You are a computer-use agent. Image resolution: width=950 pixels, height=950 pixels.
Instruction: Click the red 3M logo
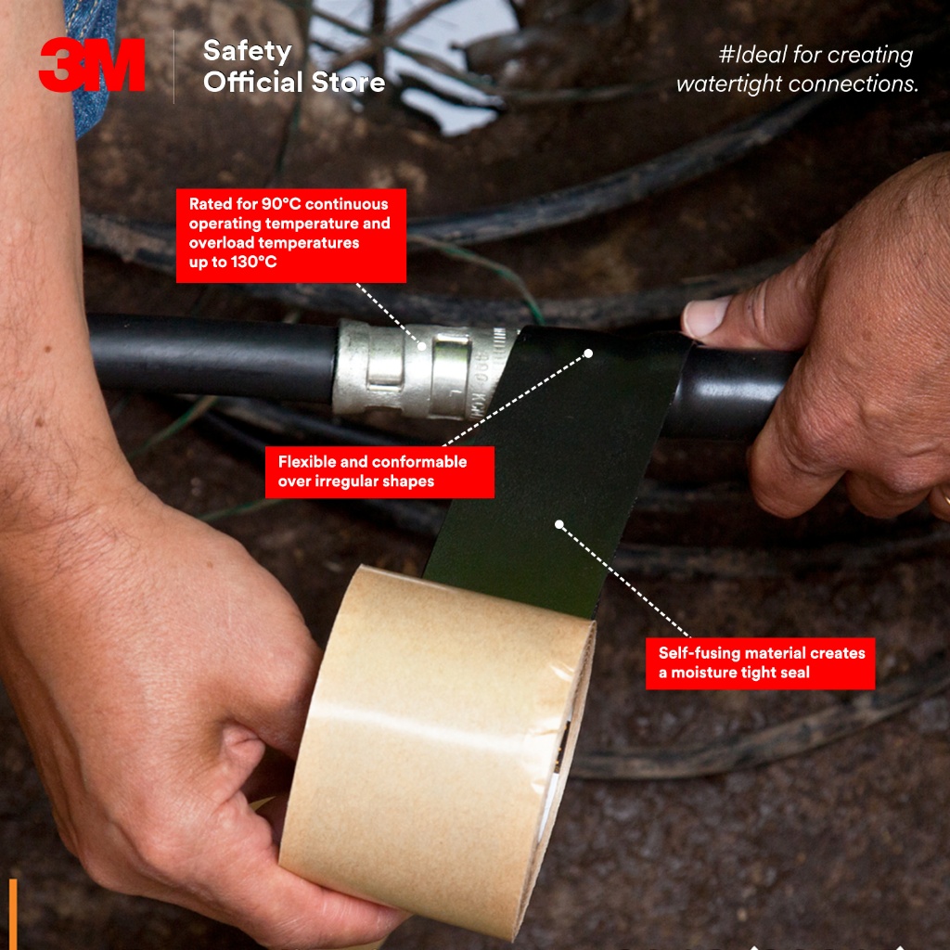(92, 65)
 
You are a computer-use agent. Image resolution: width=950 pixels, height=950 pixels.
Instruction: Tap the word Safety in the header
(247, 52)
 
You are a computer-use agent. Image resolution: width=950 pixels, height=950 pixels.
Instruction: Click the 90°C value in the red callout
(281, 203)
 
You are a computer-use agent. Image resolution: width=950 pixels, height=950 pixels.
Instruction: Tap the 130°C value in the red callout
(254, 262)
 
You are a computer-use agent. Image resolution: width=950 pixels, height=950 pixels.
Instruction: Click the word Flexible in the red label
(307, 462)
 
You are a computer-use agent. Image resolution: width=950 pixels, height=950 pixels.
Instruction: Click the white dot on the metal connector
(422, 346)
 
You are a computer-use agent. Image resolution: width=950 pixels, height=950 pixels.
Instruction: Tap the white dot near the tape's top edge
(587, 353)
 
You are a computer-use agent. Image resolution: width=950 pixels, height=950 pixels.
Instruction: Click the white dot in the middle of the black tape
(559, 525)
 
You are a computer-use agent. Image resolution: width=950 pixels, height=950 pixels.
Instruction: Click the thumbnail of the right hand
(706, 317)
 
